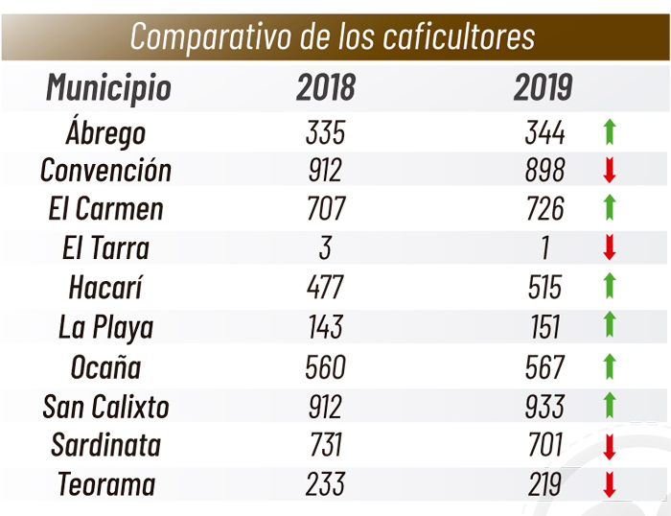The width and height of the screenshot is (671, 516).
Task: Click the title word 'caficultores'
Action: pos(458,36)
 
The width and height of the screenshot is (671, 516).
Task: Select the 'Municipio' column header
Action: pos(108,87)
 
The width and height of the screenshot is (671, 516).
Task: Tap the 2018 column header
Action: pos(325,87)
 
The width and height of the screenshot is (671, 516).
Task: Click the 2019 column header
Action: pos(543,87)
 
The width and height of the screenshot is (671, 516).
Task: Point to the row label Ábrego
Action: pos(106,131)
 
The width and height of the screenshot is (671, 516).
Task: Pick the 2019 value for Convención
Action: pos(544,171)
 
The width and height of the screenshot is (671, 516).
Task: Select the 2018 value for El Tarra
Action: pos(325,248)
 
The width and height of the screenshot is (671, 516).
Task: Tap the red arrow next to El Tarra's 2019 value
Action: pos(609,248)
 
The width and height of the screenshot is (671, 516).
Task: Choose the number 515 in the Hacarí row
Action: pos(544,288)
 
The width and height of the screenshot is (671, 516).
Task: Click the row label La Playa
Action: pos(105,327)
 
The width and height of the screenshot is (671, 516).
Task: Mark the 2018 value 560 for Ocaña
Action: pos(325,366)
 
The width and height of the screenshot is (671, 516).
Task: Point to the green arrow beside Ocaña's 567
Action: pos(609,366)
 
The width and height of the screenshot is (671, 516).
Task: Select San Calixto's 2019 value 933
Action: pos(544,406)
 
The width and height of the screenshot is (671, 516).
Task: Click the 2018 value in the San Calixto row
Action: pos(325,406)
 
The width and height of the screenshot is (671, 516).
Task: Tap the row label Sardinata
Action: pos(105,445)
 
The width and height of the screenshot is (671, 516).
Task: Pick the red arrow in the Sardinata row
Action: pos(609,446)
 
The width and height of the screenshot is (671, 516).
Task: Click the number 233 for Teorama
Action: pos(325,484)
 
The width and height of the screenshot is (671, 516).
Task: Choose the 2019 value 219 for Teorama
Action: pos(544,484)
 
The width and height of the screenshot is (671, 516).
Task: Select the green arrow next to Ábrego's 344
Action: pos(609,131)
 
